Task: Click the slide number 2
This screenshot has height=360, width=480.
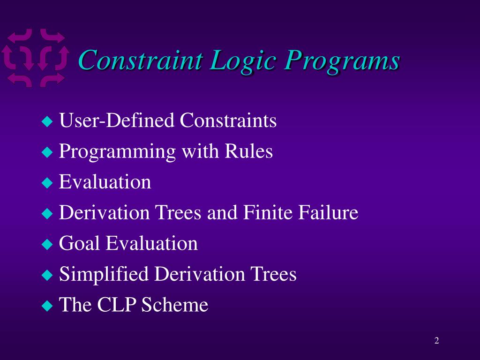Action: [x=437, y=340]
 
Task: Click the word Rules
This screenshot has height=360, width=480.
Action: [x=248, y=151]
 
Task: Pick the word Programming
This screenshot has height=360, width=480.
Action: [x=117, y=152]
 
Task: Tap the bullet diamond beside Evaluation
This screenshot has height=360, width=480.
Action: [x=47, y=183]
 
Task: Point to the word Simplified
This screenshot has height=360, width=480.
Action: [x=104, y=275]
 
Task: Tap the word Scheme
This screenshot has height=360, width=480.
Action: [x=175, y=304]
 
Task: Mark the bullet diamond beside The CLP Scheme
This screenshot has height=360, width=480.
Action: [x=47, y=305]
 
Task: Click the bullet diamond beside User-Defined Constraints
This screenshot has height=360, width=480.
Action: [x=47, y=121]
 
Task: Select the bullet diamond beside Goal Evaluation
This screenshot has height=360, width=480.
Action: [x=47, y=244]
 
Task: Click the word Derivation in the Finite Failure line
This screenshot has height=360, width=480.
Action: [x=105, y=212]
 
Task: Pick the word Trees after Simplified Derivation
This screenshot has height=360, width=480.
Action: [x=273, y=274]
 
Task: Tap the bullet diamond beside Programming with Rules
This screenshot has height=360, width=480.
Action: [x=47, y=152]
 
